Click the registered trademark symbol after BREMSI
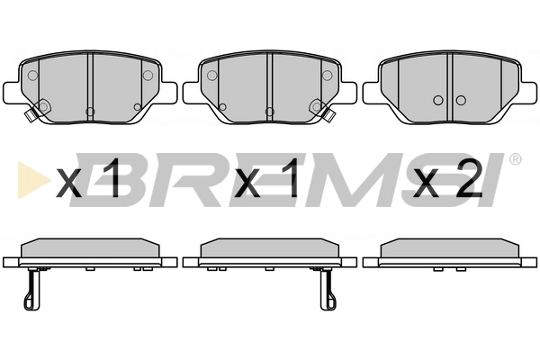515,159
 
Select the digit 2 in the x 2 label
468,178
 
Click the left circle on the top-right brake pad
438,100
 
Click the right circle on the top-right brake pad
461,100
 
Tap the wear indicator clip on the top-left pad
31,113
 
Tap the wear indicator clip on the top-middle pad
329,113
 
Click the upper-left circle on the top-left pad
32,76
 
